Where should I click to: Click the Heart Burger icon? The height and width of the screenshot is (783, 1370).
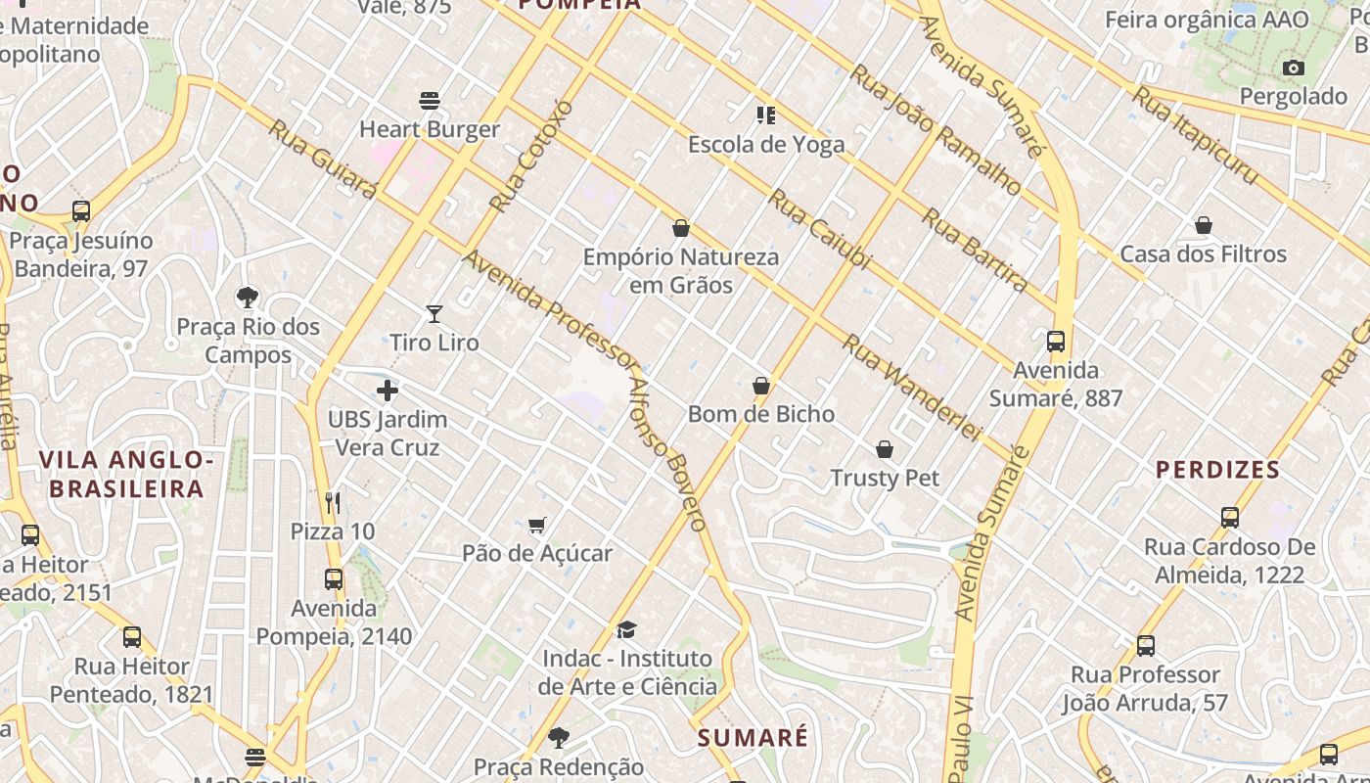click(x=429, y=100)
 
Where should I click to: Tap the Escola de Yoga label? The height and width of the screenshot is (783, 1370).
click(x=765, y=145)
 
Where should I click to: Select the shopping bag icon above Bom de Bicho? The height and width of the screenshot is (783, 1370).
click(x=761, y=386)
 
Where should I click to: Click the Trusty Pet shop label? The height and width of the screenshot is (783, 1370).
click(x=885, y=478)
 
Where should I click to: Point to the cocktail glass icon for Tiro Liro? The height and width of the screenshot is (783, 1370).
click(x=434, y=314)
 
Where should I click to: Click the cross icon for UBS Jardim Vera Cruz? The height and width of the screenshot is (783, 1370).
click(x=388, y=391)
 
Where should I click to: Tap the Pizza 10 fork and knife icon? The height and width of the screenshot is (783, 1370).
click(x=333, y=503)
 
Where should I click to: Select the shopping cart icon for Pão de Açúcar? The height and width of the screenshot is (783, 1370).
click(x=536, y=526)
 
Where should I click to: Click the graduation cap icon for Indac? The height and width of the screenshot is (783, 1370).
click(x=626, y=630)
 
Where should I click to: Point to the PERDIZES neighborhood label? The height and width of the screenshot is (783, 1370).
click(x=1217, y=470)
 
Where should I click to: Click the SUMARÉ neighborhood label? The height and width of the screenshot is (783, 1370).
click(x=753, y=737)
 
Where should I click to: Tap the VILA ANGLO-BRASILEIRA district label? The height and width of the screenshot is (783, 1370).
click(x=126, y=474)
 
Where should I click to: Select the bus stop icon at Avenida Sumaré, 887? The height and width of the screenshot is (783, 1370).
click(x=1055, y=342)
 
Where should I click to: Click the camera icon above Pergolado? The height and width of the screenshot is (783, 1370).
click(x=1294, y=68)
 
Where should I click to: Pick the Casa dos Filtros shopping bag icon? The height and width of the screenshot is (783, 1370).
click(x=1204, y=226)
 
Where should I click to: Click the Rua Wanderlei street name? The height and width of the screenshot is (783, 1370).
click(x=910, y=388)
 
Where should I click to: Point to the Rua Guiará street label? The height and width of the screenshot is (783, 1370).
click(x=322, y=160)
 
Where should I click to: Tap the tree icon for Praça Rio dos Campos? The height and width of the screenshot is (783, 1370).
click(x=248, y=298)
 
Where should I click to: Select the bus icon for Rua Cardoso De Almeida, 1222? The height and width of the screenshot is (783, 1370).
click(x=1230, y=517)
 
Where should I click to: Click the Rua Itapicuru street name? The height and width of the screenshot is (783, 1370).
click(x=1195, y=135)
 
